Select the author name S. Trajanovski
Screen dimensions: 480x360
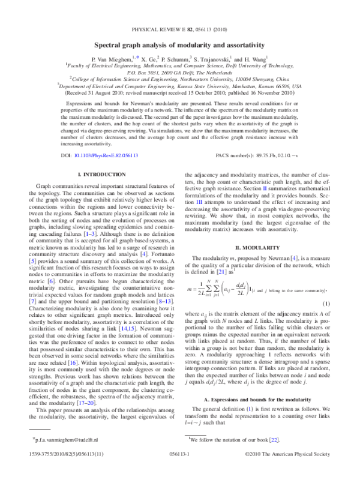coord(213,59)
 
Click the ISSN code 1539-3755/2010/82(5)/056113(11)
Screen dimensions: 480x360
coord(64,471)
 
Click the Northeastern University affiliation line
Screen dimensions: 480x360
coord(180,77)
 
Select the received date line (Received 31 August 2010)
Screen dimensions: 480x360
coord(180,94)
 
